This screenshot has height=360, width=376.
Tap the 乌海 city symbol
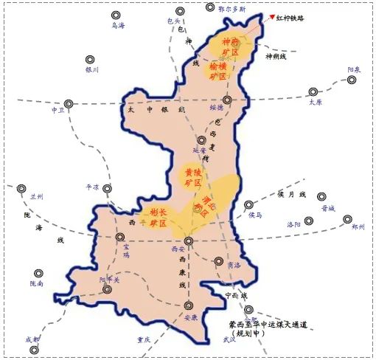[x=116, y=15]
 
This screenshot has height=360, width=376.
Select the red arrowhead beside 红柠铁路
[x=272, y=17]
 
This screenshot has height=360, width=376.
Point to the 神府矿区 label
[x=230, y=46]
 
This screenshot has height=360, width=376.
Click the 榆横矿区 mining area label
[x=220, y=71]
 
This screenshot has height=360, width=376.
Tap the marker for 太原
[x=314, y=93]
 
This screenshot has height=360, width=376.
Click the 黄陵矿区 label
[x=193, y=176]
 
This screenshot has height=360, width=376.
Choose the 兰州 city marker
[x=22, y=188]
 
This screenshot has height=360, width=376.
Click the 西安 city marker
[x=188, y=240]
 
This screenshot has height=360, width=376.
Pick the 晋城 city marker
[x=322, y=197]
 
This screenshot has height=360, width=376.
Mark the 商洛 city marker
[x=219, y=260]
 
